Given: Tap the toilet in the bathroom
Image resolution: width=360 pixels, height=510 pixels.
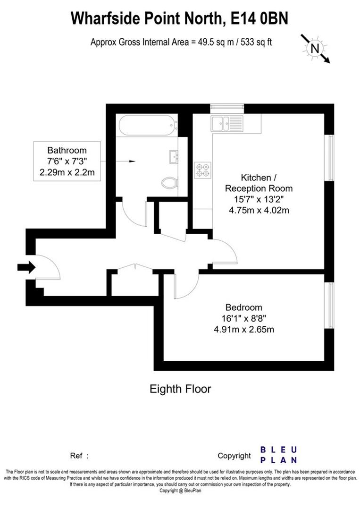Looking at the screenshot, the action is coord(169,183).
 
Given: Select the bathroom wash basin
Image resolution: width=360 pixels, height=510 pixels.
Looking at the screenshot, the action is coord(174,157).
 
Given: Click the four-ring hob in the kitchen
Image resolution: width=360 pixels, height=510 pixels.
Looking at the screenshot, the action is coord(202,170).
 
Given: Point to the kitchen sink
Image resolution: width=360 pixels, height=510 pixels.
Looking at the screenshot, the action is coord(226,123).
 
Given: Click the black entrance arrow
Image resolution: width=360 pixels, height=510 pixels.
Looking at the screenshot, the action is coord(26,267).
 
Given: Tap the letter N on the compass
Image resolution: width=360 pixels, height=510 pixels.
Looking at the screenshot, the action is coord(315,49).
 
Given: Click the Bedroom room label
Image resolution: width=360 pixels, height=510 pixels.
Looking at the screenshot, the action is coord(243,307).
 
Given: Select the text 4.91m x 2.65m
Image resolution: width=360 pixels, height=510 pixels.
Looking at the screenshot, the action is coord(243,330).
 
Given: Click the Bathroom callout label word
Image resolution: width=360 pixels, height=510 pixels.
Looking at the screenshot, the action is coord(67,150).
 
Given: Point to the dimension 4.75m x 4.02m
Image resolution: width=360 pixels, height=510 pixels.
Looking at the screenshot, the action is coord(259,210).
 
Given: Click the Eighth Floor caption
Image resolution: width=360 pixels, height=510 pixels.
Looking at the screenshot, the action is coord(180,389).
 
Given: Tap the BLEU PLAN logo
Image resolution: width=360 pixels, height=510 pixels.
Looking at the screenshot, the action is coord(279,455).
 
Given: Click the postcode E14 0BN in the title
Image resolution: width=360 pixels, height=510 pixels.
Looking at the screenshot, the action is coord(259,18).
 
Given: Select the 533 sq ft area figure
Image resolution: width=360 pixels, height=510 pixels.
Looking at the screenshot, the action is coord(256,42).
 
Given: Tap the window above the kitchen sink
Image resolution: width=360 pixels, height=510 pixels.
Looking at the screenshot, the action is coord(227,108).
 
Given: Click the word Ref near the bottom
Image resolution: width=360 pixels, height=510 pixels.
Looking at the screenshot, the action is coord(76,456).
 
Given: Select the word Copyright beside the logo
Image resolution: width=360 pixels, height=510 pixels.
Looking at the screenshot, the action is coord(234,456).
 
